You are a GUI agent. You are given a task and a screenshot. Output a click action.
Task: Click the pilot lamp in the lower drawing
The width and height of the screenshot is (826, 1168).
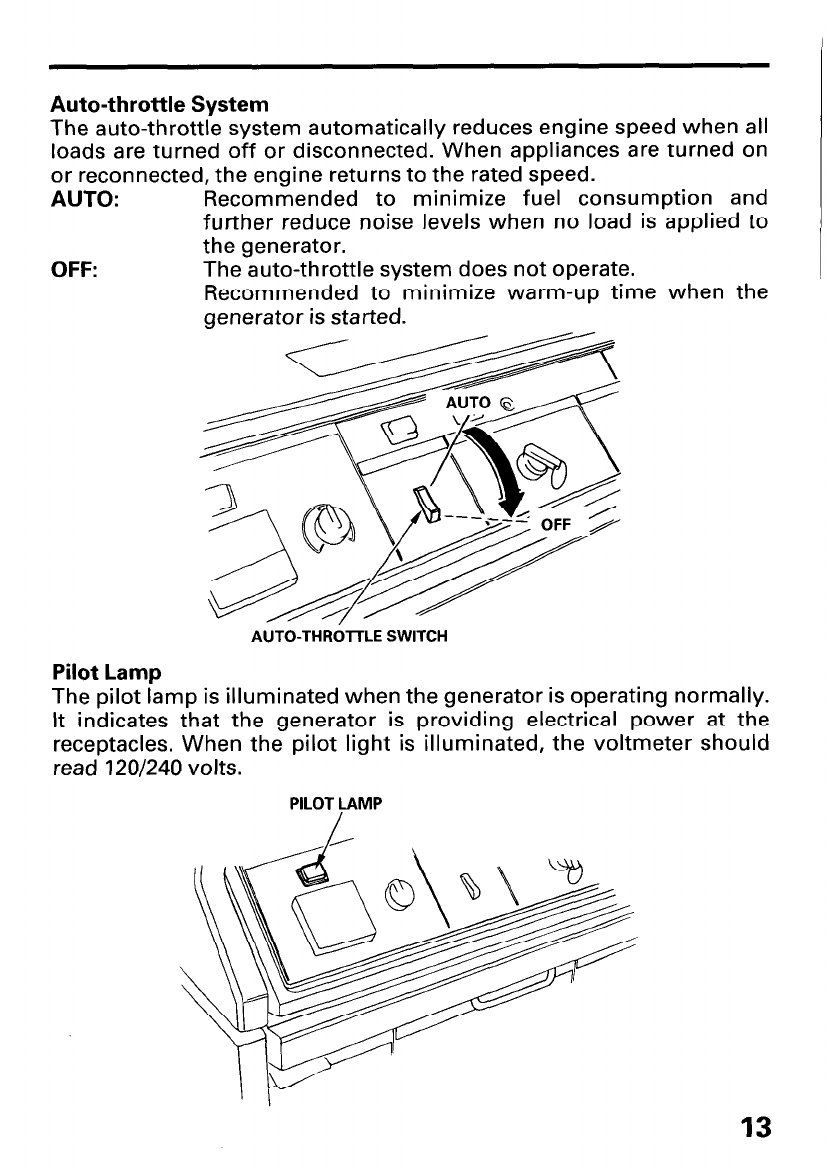[x=313, y=874]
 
